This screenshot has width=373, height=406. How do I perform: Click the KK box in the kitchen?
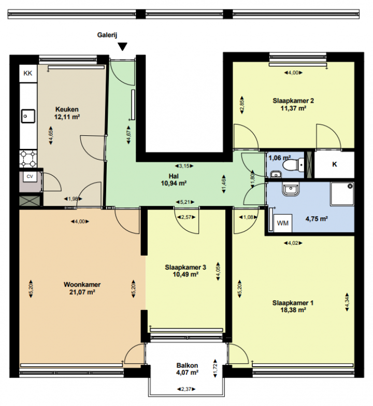(28, 73)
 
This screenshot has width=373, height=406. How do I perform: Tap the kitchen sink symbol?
(28, 116)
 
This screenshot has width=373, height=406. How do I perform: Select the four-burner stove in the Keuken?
(28, 159)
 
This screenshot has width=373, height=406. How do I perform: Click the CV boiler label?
(30, 177)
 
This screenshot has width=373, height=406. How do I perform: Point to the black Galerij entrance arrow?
(122, 47)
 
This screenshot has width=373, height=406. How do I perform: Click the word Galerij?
(107, 35)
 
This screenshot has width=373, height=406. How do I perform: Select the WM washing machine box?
(282, 223)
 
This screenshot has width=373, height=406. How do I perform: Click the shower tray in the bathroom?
(342, 194)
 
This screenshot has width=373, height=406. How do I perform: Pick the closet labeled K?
(334, 164)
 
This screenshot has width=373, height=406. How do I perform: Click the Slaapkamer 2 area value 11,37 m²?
(293, 108)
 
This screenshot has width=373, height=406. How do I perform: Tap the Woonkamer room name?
(82, 285)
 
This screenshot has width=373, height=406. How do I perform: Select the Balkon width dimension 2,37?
(187, 389)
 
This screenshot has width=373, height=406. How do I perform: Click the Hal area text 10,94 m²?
(174, 184)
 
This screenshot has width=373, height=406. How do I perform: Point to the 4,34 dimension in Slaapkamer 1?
(347, 301)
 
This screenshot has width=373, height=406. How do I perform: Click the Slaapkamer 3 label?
(185, 267)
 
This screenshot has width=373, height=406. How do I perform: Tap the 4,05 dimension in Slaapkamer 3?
(218, 272)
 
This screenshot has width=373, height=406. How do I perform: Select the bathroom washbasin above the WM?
(291, 189)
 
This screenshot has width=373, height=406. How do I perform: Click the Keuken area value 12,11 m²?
(67, 117)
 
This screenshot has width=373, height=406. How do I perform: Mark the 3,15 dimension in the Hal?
(184, 166)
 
